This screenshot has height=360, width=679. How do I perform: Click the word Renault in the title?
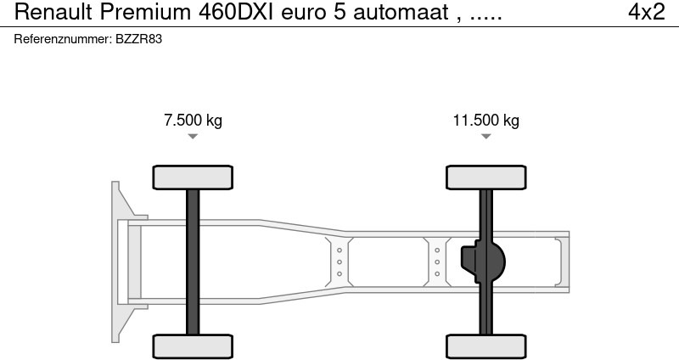(53, 12)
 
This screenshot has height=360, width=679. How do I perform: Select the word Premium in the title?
(145, 12)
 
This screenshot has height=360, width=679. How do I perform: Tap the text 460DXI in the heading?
(236, 12)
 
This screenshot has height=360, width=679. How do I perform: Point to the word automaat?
(401, 12)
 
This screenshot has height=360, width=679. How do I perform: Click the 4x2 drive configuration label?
(647, 12)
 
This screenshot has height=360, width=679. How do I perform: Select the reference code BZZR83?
(138, 39)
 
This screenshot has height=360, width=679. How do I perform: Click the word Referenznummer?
(63, 39)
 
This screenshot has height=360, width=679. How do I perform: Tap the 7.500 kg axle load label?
(194, 120)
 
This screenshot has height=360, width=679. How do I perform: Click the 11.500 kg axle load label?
(485, 120)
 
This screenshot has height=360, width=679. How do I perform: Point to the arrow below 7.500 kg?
(193, 137)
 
